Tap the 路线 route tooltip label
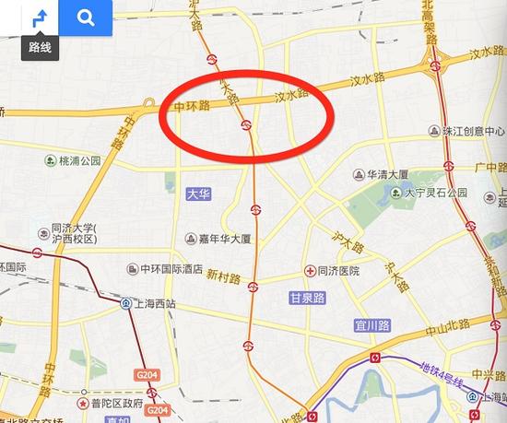[40, 47]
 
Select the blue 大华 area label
[197, 194]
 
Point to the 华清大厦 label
[387, 172]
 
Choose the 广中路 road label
[485, 168]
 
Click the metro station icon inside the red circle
[246, 124]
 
